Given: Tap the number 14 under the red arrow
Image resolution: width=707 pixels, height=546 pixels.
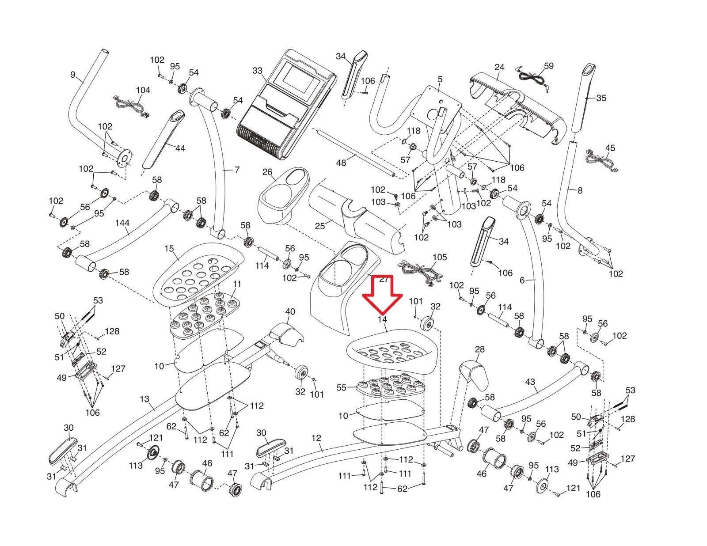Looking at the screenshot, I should [382, 319].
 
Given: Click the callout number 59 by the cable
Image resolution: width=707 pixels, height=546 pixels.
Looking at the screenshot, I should [548, 66].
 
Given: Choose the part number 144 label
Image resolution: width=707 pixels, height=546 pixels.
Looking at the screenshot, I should [122, 223].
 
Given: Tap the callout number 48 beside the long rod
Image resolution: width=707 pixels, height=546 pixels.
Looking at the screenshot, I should [341, 163].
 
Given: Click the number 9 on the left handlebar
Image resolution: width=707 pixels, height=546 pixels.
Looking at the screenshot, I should [73, 75].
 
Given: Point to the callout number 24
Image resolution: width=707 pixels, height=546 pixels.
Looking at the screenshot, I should [499, 68].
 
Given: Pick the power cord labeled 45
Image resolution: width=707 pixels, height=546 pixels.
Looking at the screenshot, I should [603, 160].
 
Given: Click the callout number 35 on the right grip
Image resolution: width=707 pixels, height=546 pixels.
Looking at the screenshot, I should [601, 98].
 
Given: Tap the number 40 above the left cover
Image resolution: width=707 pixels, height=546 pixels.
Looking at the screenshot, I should [290, 312].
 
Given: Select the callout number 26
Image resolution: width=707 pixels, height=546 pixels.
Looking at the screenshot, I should [267, 172].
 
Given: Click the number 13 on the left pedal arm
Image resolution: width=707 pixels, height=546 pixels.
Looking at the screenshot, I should [144, 399].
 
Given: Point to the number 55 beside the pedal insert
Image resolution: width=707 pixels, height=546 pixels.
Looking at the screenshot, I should [341, 387].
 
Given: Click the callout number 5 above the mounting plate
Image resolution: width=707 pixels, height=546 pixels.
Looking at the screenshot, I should [440, 80].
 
